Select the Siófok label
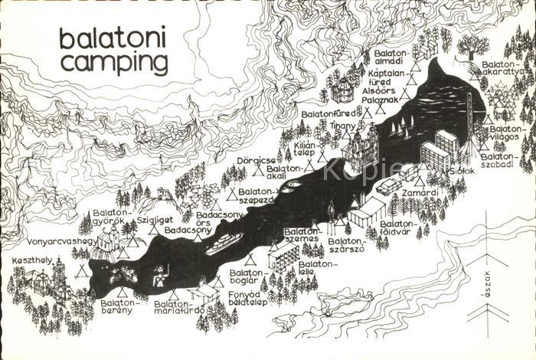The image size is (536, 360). (x=462, y=171)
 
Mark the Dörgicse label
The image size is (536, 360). (x=253, y=160)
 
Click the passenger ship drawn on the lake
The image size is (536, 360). (x=223, y=244)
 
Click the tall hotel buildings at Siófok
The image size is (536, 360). (x=440, y=151)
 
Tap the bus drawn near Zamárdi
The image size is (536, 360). (x=387, y=186)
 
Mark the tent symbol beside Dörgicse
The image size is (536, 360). (x=258, y=172)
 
